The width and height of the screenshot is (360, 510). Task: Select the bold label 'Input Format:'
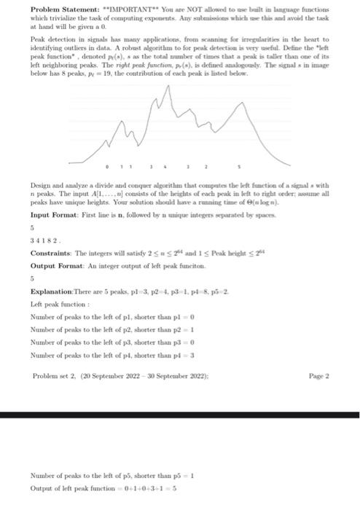pyautogui.click(x=54, y=216)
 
